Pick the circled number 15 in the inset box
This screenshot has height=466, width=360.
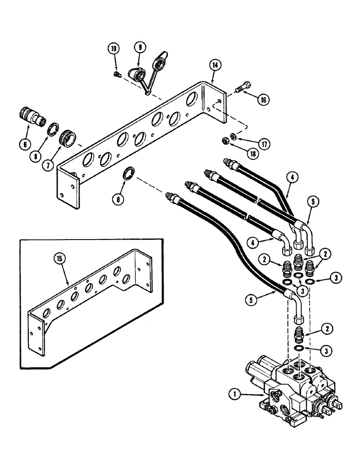(x=63, y=256)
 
